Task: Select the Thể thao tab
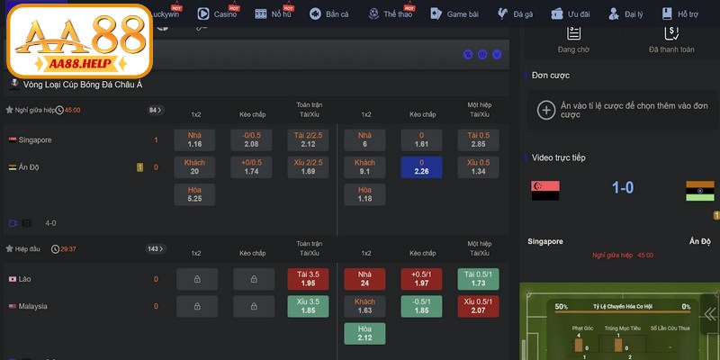click(396, 14)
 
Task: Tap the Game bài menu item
click(456, 14)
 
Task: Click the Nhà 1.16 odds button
click(195, 139)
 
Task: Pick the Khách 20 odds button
click(195, 166)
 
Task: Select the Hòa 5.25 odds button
click(195, 193)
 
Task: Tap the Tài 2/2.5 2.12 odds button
click(309, 139)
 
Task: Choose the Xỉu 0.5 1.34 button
click(479, 166)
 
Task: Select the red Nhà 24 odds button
click(365, 279)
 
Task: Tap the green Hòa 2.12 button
click(365, 333)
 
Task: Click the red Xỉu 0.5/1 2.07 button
click(479, 306)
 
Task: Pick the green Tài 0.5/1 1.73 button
click(479, 279)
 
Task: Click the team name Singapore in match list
click(35, 140)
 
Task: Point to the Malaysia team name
click(34, 306)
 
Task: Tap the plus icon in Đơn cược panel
click(545, 110)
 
